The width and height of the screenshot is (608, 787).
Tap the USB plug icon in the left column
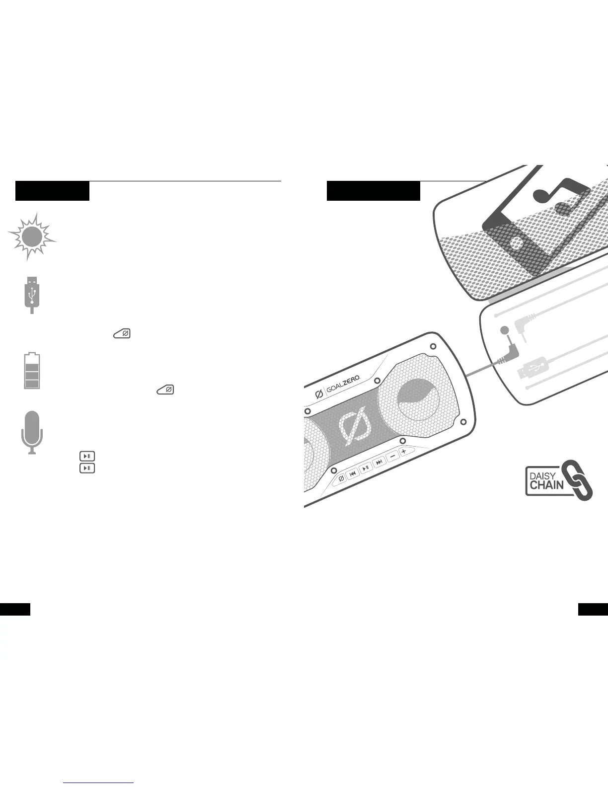[x=32, y=294]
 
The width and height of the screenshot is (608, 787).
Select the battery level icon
[x=32, y=371]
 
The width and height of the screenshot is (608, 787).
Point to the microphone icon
[x=32, y=432]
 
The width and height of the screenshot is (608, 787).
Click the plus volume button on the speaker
[x=404, y=451]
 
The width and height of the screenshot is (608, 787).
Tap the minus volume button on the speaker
[x=392, y=456]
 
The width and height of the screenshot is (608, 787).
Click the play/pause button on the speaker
[x=366, y=468]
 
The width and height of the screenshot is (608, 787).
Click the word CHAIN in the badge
[x=546, y=485]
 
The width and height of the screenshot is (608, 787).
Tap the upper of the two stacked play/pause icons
[x=87, y=456]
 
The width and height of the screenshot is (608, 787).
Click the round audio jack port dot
[x=505, y=330]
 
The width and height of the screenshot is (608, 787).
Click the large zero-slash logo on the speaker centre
[x=356, y=425]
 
